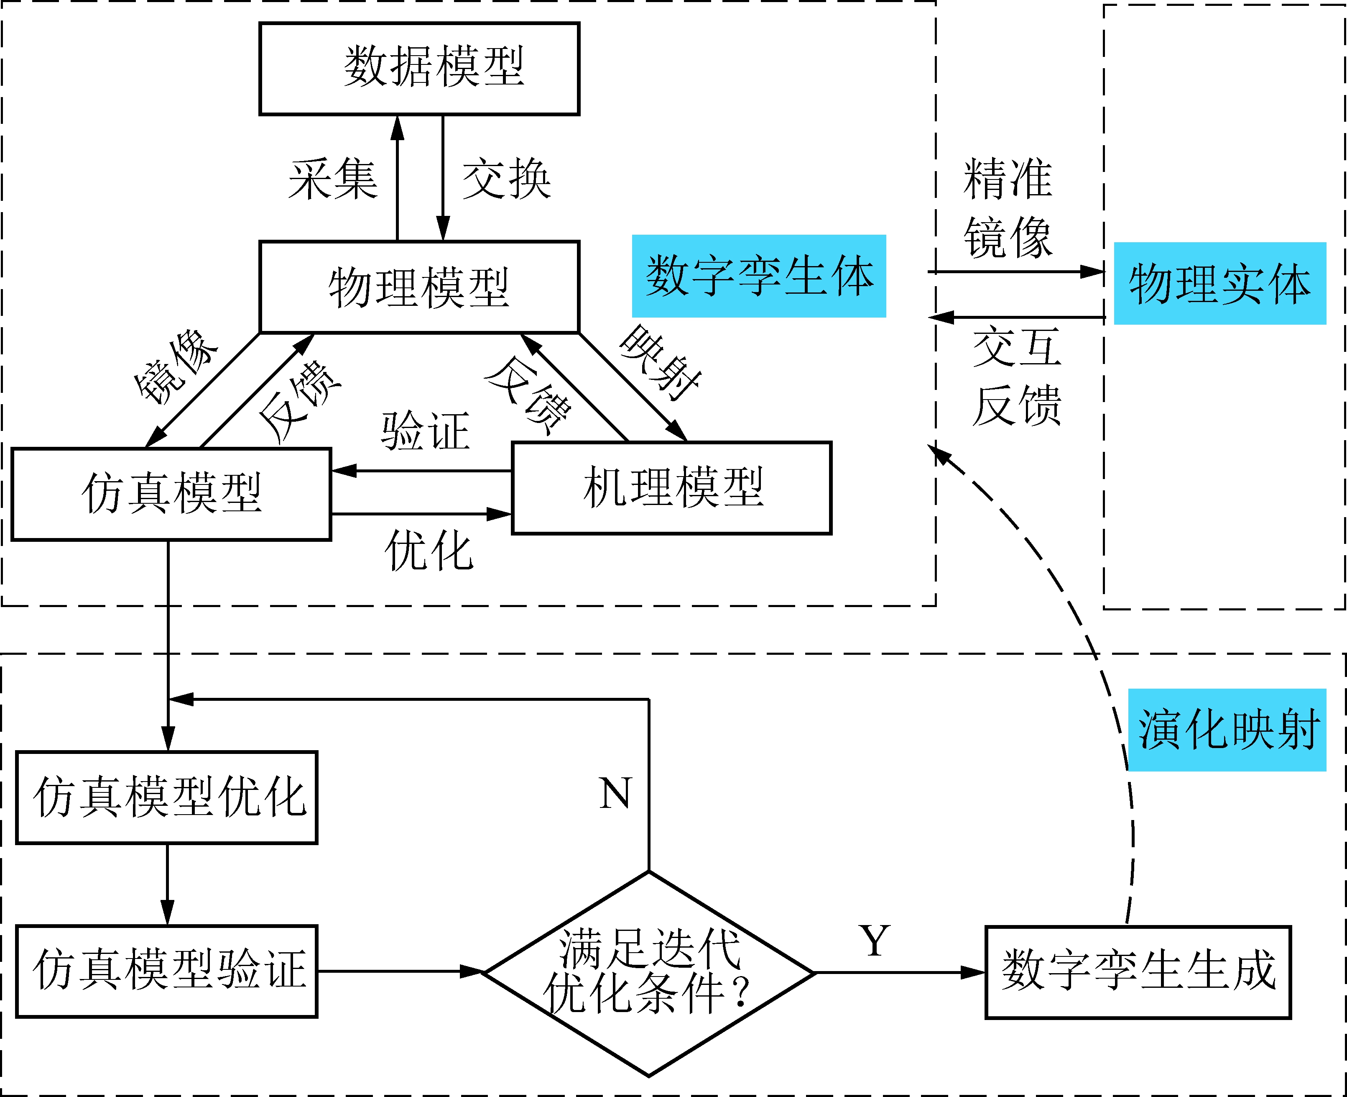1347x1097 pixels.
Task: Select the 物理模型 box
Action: (419, 287)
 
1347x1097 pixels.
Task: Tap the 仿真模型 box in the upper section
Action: (171, 494)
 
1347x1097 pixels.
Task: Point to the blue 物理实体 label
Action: (1219, 284)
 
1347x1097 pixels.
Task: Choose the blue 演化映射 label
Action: (1227, 730)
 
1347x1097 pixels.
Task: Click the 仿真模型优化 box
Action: (167, 797)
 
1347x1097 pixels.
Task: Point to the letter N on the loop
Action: (615, 794)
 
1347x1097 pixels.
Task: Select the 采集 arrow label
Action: (333, 179)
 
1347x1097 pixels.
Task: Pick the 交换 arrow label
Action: (506, 179)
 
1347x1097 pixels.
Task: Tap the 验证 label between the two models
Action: (425, 431)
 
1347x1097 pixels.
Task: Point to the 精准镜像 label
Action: (1008, 208)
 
